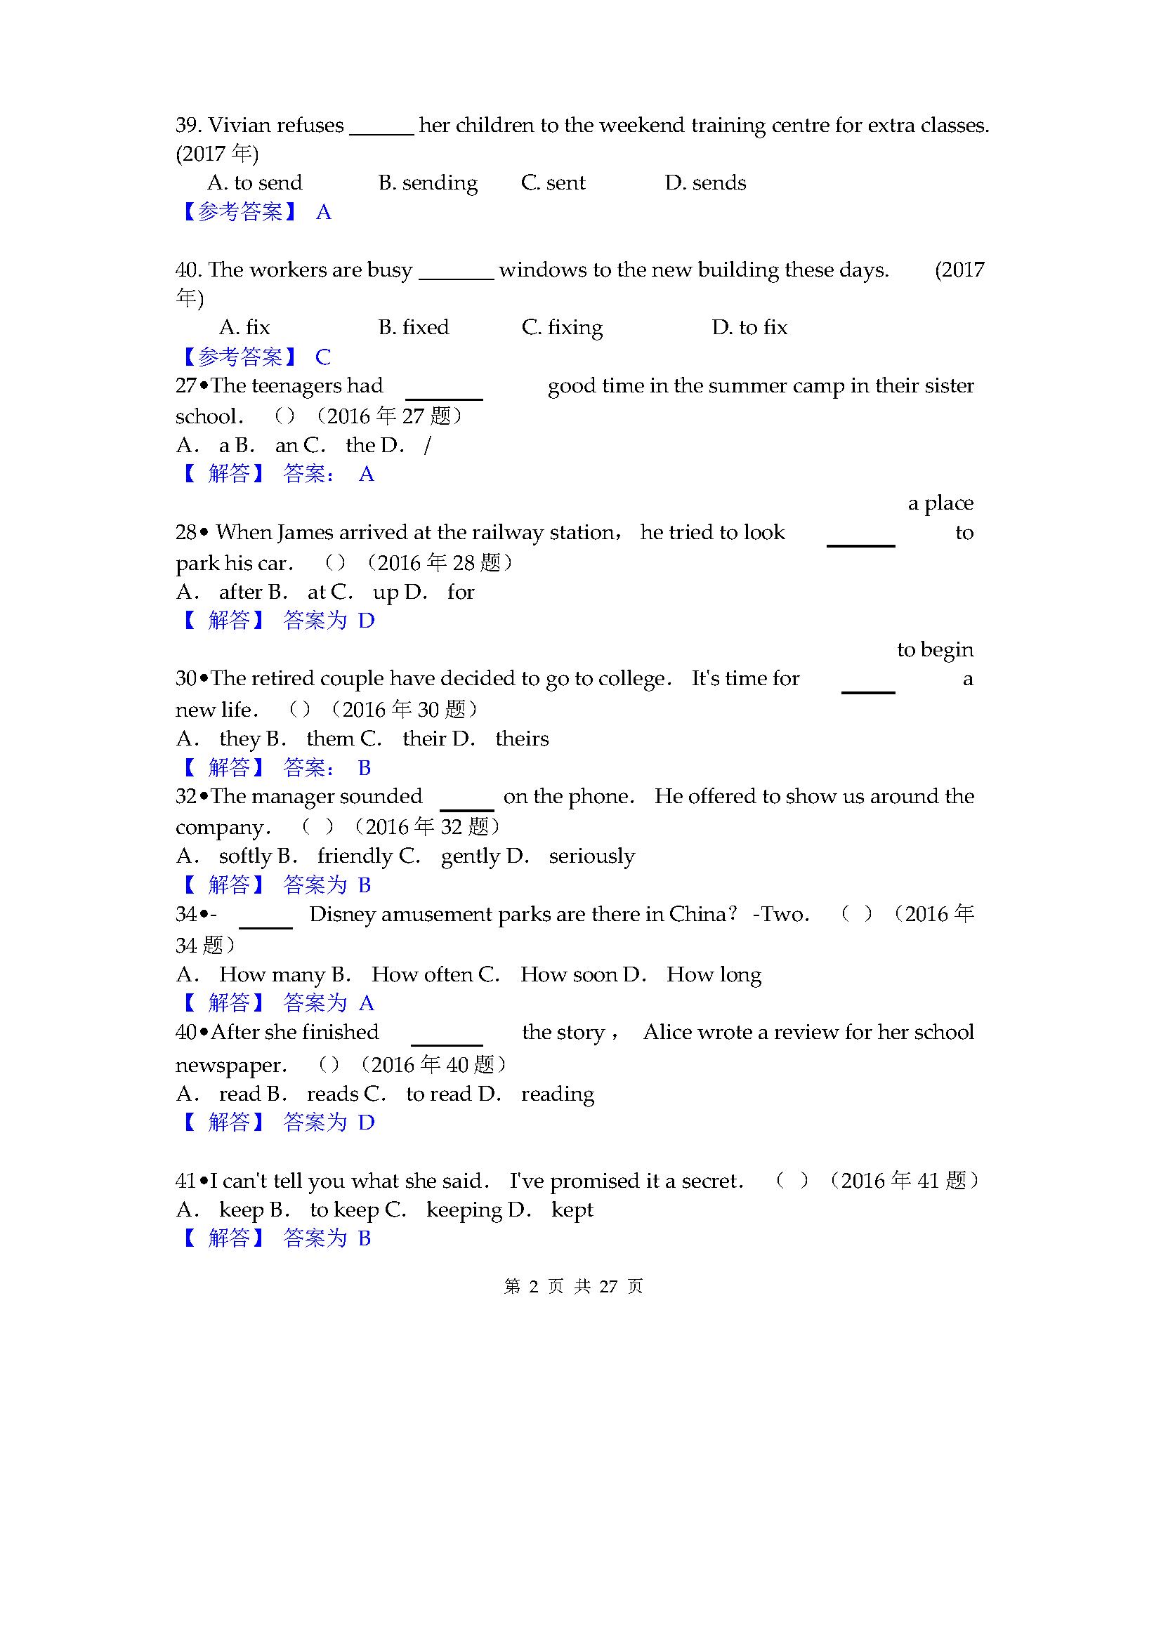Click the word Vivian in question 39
(x=240, y=126)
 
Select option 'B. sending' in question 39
(x=428, y=183)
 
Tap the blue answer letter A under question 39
(x=323, y=213)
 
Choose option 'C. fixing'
(x=562, y=328)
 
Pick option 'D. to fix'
(x=749, y=328)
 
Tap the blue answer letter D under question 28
(x=366, y=621)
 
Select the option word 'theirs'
(x=522, y=739)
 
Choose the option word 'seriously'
(x=591, y=856)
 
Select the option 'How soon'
(x=568, y=975)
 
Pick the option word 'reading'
(x=557, y=1094)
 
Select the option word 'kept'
(x=572, y=1210)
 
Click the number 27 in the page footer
(x=608, y=1287)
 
